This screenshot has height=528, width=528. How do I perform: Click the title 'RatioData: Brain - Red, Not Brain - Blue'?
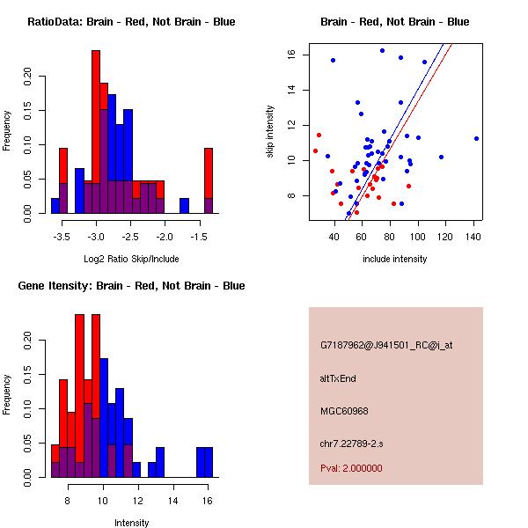pos(130,22)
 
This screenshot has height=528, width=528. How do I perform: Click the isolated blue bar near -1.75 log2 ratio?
pos(185,205)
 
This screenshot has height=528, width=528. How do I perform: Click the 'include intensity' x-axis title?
pos(395,259)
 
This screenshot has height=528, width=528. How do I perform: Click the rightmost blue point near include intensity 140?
pos(476,138)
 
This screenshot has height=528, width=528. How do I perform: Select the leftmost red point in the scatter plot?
pos(315,150)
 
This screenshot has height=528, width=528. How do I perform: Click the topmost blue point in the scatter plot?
pos(382,50)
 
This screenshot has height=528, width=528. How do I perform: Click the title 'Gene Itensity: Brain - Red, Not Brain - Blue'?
pos(130,286)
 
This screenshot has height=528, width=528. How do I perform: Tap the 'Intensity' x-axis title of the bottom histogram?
pos(131,523)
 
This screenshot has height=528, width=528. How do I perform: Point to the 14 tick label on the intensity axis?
pos(173,502)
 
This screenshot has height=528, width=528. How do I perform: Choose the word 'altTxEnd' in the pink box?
pos(338,378)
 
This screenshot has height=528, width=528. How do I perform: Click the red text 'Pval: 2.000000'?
pos(351,468)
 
